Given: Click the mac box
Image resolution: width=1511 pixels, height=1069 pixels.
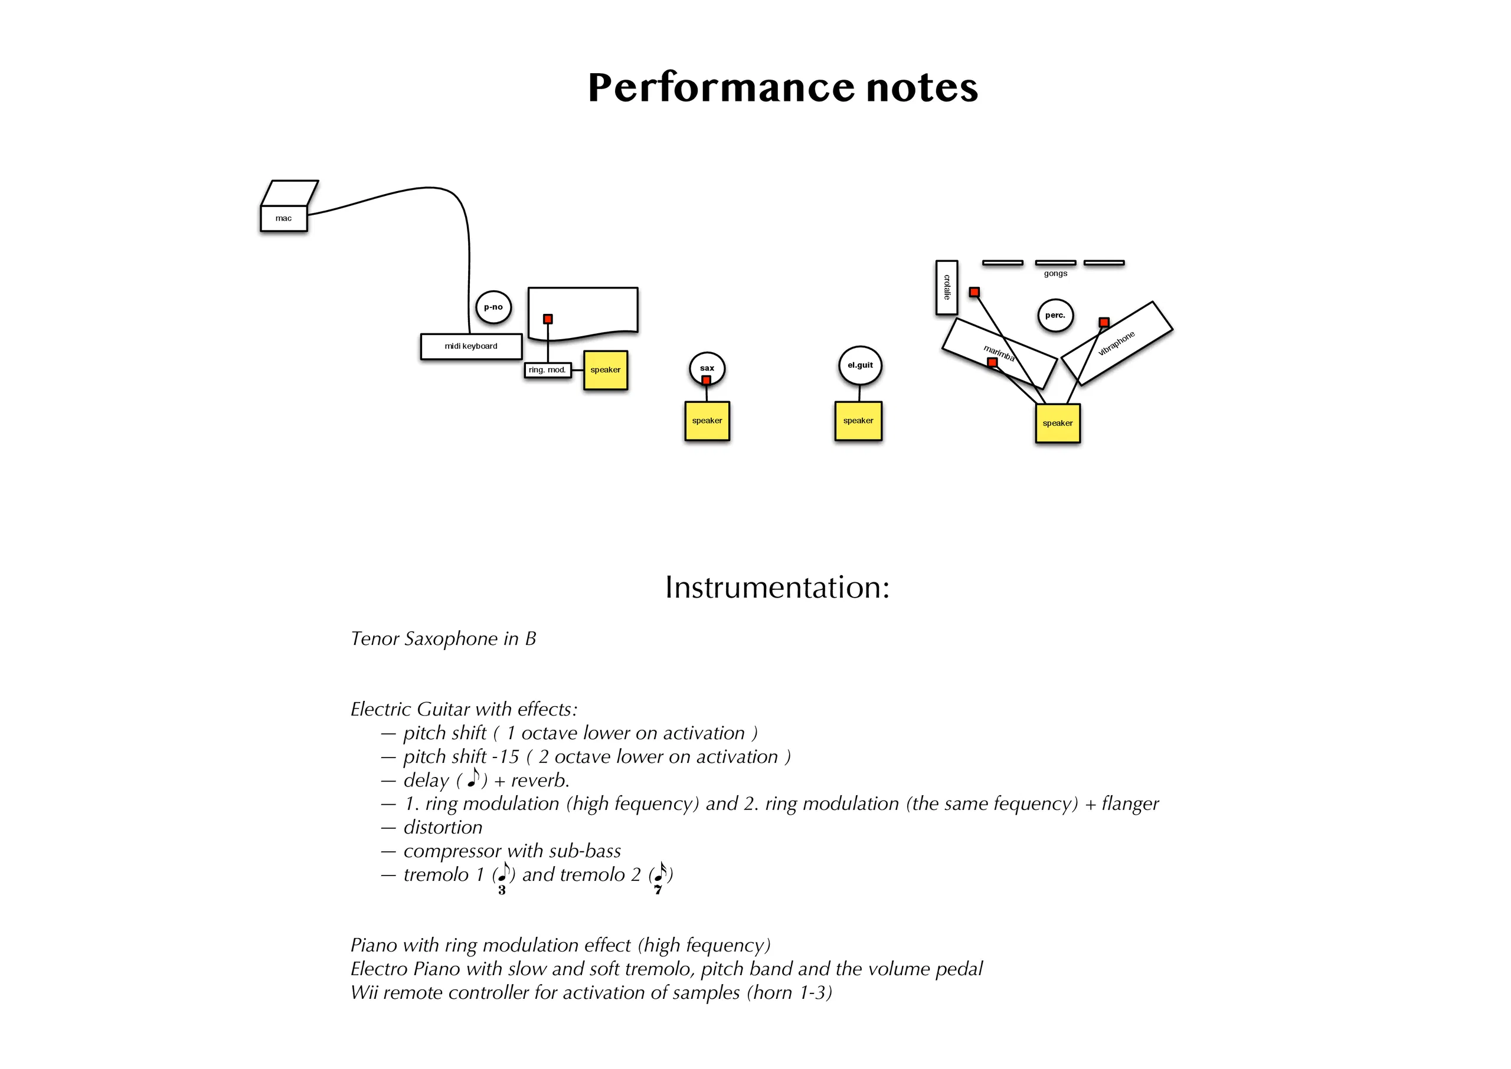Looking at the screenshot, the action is (x=284, y=218).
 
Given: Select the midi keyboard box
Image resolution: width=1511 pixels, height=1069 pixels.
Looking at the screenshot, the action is (x=472, y=346).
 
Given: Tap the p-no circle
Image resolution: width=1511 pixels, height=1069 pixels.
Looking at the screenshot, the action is (x=494, y=307).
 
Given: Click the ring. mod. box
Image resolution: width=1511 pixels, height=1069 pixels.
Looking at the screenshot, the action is (x=548, y=370).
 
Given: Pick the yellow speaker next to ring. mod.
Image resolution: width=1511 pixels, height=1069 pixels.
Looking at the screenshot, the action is (x=606, y=370).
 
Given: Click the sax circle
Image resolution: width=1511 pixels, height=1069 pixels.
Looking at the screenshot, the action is (x=707, y=368).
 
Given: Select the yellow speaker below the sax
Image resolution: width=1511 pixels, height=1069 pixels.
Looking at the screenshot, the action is (x=707, y=421).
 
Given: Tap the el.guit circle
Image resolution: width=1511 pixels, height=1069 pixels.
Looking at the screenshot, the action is (x=860, y=365).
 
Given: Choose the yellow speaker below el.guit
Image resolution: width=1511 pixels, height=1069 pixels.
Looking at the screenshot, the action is (x=859, y=421).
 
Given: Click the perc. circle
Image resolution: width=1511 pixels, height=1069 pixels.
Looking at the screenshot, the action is (x=1055, y=315).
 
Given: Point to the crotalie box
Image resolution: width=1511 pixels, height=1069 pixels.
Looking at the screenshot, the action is (x=947, y=287).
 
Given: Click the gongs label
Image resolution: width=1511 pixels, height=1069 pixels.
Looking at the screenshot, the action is (x=1055, y=274).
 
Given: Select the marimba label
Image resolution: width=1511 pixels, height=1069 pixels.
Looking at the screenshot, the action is (x=999, y=353).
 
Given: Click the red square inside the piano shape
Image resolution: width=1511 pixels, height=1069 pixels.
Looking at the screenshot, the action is (x=548, y=319).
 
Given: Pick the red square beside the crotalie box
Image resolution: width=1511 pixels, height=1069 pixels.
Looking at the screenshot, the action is (x=974, y=292).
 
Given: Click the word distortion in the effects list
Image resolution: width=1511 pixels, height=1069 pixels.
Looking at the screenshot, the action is (x=443, y=828).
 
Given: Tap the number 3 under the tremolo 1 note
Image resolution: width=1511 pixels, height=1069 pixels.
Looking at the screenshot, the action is (x=502, y=891).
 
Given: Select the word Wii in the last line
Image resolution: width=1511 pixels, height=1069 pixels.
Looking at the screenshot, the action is (x=364, y=993).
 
